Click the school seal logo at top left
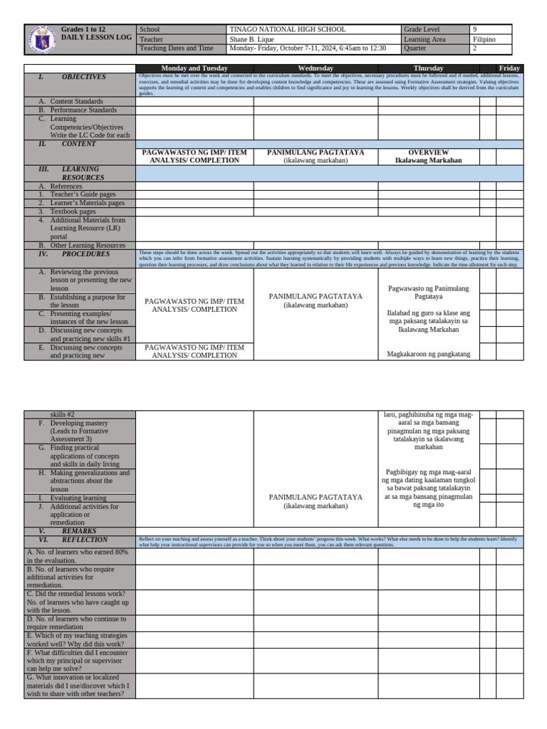pyautogui.click(x=42, y=39)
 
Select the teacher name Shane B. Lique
pyautogui.click(x=253, y=39)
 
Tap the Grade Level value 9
pyautogui.click(x=475, y=30)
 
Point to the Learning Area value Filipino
pyautogui.click(x=484, y=39)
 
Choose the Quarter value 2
pyautogui.click(x=475, y=48)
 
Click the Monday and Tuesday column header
pyautogui.click(x=194, y=68)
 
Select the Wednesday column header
pyautogui.click(x=316, y=68)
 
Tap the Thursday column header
pyautogui.click(x=428, y=68)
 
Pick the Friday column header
pyautogui.click(x=509, y=68)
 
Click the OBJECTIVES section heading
pyautogui.click(x=83, y=77)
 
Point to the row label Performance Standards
pyautogui.click(x=83, y=110)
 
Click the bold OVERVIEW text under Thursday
pyautogui.click(x=428, y=152)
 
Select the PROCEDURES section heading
pyautogui.click(x=83, y=254)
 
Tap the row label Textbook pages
pyautogui.click(x=73, y=211)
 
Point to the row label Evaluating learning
pyautogui.click(x=78, y=498)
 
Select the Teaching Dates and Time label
pyautogui.click(x=177, y=48)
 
